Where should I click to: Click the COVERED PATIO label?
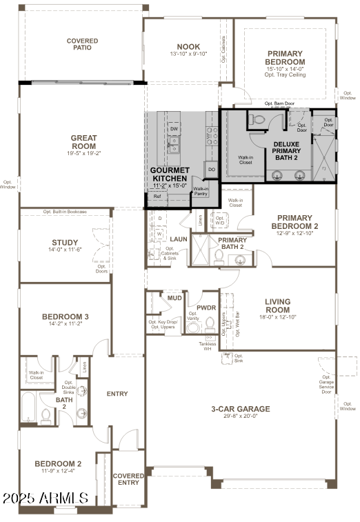coord(82,45)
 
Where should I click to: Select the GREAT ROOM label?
coord(83,141)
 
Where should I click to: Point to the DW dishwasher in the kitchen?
coord(174,129)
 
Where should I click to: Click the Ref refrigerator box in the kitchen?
coord(157,197)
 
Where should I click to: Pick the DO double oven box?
coord(211,169)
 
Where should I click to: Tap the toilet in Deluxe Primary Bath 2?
coord(259,120)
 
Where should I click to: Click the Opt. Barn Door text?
coord(279,103)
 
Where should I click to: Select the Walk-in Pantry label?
coord(201,192)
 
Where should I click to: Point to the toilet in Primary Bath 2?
coord(218,256)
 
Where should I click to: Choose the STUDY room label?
coord(65,243)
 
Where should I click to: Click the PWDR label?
coord(206,308)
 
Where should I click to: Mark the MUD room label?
coord(174,299)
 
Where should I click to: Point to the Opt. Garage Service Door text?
coord(327,387)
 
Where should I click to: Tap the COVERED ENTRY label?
coord(128,479)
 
